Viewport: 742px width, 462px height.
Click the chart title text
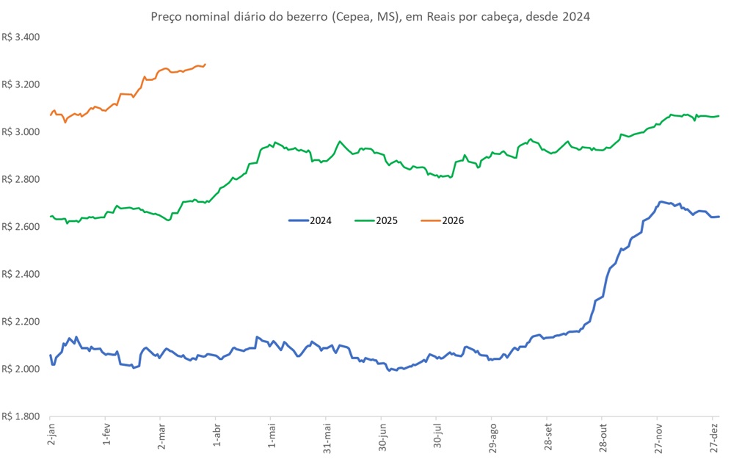[370, 16]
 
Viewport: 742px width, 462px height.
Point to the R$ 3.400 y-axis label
[21, 37]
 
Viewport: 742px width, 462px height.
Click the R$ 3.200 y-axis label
[21, 84]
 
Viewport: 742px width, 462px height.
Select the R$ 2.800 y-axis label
[21, 179]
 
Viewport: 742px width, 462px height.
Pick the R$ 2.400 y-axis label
[21, 274]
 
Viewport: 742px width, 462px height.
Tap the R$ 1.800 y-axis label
[21, 416]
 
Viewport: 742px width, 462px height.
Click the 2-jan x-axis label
[50, 436]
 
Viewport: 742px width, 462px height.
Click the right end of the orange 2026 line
[205, 64]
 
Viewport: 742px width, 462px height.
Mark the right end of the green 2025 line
[719, 116]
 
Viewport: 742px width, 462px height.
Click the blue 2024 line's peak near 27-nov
[661, 201]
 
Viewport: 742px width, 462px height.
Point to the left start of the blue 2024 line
[51, 355]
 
